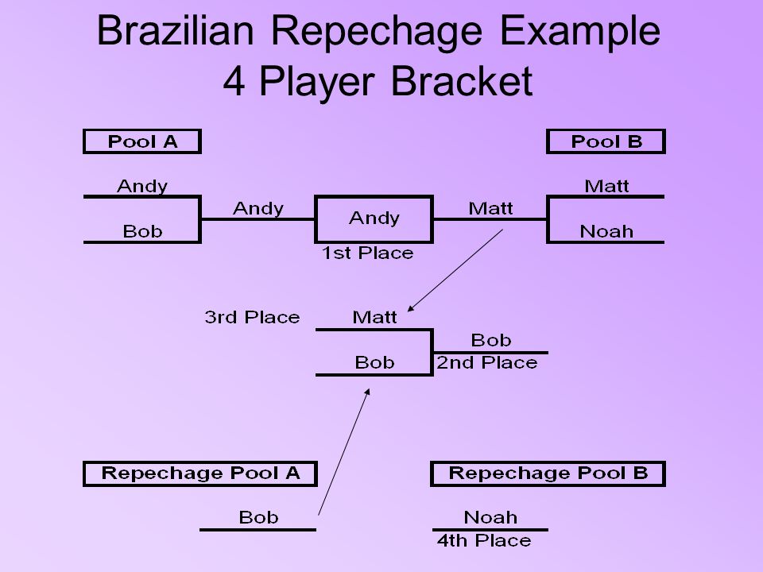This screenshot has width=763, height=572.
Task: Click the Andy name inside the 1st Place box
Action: pos(374,218)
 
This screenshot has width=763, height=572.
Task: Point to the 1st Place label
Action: pos(368,253)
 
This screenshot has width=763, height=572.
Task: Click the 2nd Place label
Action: pos(486,363)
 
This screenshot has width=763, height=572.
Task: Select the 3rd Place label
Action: pos(252,317)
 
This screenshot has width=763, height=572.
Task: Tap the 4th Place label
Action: pos(484,540)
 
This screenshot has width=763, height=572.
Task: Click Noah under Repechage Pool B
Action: pos(490,517)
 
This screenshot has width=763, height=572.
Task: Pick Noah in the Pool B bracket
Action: pos(606,231)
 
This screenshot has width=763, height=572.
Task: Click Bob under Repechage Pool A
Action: pos(258,517)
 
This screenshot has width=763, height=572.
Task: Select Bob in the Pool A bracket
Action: pos(142,231)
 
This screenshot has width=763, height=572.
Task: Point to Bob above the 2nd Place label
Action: pos(491,341)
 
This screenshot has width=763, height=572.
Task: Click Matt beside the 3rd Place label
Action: pos(374,318)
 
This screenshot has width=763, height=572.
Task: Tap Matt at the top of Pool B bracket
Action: pos(606,186)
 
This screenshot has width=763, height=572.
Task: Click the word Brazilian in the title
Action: pos(175,31)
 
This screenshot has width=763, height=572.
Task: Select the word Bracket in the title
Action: pos(462,81)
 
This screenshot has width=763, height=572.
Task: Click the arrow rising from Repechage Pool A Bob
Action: pos(344,452)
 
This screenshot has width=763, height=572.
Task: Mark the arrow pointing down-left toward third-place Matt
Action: pos(455,270)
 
